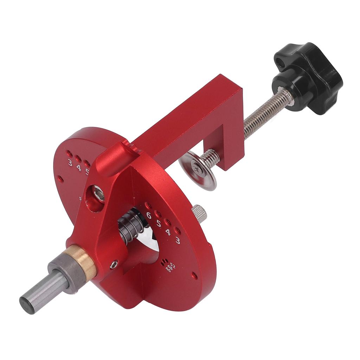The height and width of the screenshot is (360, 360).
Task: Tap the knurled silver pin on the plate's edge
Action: [x=199, y=213]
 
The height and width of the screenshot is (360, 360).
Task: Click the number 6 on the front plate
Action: [x=149, y=216]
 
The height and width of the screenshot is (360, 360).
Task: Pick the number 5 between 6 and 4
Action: [x=159, y=223]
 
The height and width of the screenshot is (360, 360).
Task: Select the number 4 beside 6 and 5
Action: [x=168, y=232]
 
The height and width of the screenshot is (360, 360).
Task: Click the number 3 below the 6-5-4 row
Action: [x=178, y=241]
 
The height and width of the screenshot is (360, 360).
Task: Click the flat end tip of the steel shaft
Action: [x=27, y=304]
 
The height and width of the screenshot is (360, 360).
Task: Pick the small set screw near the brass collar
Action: [x=114, y=265]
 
